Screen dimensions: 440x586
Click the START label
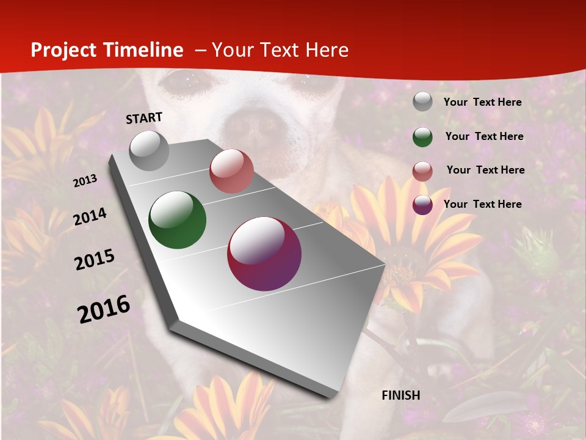144,118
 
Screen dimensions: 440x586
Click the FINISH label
401,395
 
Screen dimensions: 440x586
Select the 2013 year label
85,181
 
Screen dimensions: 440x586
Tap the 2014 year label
90,217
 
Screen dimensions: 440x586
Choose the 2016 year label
104,309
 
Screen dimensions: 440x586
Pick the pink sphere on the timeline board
231,171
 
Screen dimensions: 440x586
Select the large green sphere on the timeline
178,220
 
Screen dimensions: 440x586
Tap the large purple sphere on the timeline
264,254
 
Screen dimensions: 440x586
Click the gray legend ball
422,102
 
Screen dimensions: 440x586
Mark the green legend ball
422,136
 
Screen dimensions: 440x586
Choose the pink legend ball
422,170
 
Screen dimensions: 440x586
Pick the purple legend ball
422,205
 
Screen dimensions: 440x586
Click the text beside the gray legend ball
483,102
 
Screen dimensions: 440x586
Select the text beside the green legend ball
485,136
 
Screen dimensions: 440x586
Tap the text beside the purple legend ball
483,204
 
